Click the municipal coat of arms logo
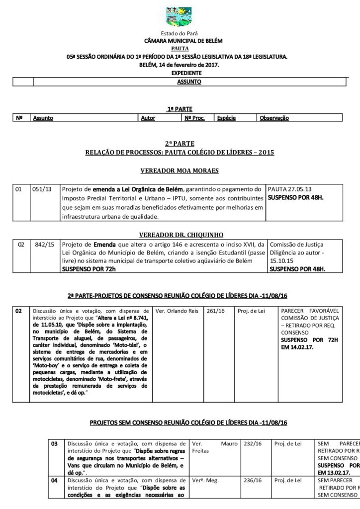point(180,16)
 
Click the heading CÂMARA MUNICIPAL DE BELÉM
point(180,41)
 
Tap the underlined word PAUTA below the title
point(180,49)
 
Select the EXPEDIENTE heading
point(180,73)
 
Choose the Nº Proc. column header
point(195,118)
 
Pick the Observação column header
point(274,118)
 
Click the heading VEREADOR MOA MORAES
point(180,170)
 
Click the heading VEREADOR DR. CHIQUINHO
point(180,234)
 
